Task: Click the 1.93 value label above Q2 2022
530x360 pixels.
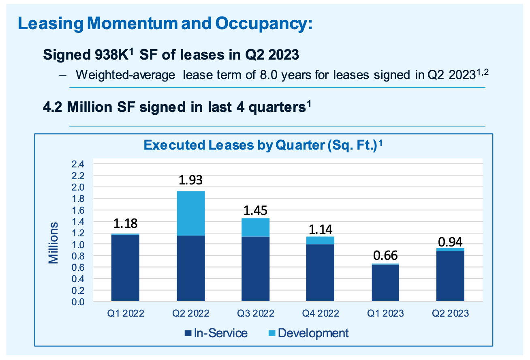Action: pyautogui.click(x=191, y=180)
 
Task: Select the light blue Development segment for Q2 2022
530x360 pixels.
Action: pyautogui.click(x=191, y=213)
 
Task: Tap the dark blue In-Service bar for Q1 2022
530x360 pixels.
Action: pyautogui.click(x=125, y=268)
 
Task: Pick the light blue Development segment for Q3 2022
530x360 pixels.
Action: pyautogui.click(x=255, y=227)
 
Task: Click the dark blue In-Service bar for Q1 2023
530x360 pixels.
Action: pyautogui.click(x=385, y=283)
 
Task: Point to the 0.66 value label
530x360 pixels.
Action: pyautogui.click(x=385, y=255)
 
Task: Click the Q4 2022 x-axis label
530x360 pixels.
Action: pyautogui.click(x=320, y=313)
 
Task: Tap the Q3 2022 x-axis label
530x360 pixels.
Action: pyautogui.click(x=255, y=313)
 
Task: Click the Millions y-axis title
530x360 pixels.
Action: pyautogui.click(x=53, y=243)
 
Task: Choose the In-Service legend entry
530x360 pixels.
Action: pyautogui.click(x=216, y=333)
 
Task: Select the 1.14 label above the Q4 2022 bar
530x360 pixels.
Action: pyautogui.click(x=320, y=229)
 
